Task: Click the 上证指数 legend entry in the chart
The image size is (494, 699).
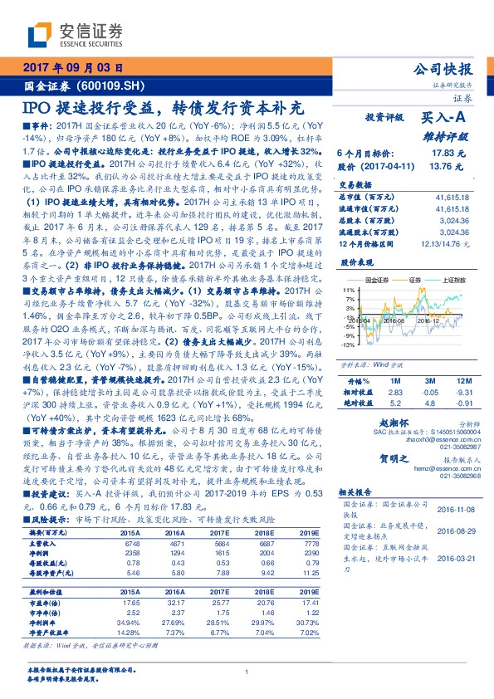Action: pyautogui.click(x=453, y=281)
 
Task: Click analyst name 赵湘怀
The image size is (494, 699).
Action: pyautogui.click(x=394, y=423)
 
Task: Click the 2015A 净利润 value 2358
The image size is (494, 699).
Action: pyautogui.click(x=130, y=552)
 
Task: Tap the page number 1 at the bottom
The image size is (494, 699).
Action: pyautogui.click(x=247, y=672)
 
